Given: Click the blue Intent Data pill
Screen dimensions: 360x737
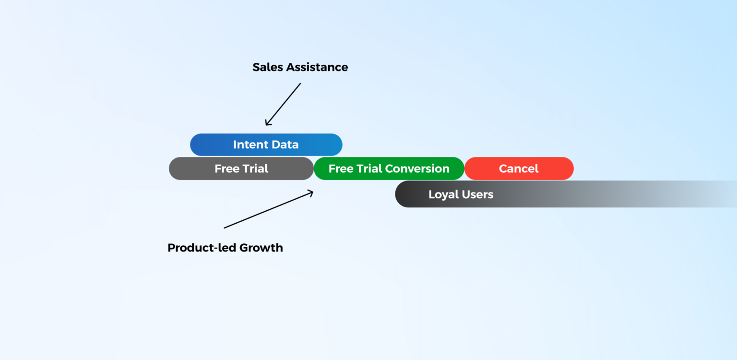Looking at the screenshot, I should (266, 144).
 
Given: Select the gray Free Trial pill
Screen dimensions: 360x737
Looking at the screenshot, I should (241, 168).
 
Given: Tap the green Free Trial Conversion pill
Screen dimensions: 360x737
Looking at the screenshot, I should (389, 168).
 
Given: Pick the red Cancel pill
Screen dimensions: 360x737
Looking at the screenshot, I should (519, 168).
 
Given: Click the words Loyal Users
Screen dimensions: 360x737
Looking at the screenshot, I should (461, 194).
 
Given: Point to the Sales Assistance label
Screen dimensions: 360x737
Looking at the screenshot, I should (300, 67).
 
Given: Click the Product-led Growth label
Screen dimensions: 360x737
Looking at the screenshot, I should (225, 248).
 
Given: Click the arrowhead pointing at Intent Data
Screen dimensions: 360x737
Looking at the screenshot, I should (267, 124).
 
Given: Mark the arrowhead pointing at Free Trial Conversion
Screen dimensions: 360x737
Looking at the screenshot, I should (311, 193).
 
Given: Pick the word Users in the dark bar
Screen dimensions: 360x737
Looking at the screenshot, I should (477, 194).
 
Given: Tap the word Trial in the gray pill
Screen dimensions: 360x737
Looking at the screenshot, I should (255, 168).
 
